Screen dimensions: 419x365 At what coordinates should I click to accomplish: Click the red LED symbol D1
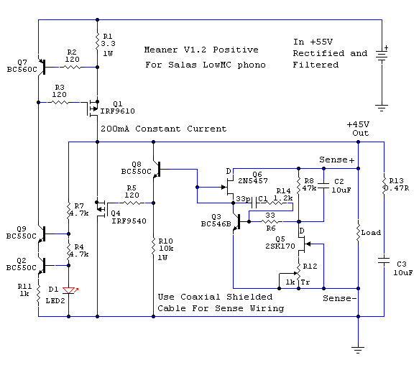(x=69, y=290)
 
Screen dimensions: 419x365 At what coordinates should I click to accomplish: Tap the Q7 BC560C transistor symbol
(x=42, y=67)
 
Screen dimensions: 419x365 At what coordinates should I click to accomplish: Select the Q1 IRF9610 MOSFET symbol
(x=93, y=108)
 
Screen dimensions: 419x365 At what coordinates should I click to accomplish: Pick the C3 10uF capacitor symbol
(x=384, y=261)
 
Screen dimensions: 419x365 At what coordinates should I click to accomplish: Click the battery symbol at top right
(x=382, y=55)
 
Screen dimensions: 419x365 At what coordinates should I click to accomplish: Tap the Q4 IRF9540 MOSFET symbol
(x=102, y=209)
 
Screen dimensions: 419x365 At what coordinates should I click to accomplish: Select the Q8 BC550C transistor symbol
(x=157, y=169)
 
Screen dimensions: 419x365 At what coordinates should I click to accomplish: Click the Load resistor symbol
(x=358, y=233)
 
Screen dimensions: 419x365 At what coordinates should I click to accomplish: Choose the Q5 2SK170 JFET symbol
(x=303, y=244)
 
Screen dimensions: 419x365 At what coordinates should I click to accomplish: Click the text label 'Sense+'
(x=336, y=160)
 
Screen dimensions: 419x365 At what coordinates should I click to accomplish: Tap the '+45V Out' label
(x=359, y=129)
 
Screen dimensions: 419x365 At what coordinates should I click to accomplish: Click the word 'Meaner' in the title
(x=161, y=50)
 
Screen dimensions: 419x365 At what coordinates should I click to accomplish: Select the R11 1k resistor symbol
(x=38, y=294)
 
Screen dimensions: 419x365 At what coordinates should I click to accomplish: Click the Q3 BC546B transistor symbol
(x=237, y=221)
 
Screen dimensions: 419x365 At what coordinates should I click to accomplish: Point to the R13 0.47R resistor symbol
(x=384, y=185)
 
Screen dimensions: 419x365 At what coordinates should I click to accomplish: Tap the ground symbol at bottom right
(x=358, y=349)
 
